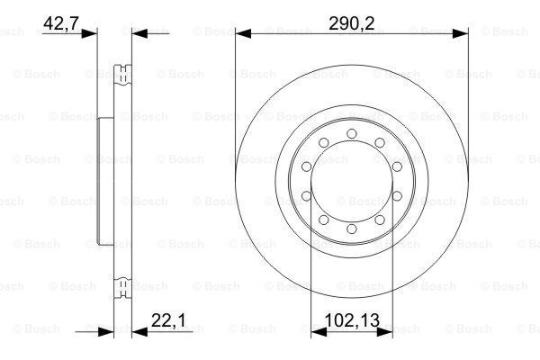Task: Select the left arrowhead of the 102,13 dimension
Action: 315,332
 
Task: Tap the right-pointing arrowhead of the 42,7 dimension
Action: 90,33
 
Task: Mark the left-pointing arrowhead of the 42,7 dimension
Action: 138,33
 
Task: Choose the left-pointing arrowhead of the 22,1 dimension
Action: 138,332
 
